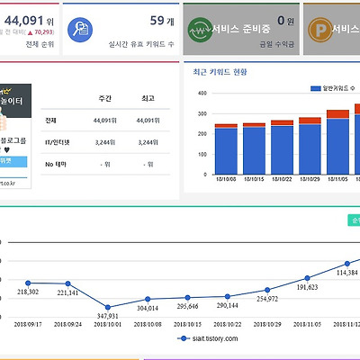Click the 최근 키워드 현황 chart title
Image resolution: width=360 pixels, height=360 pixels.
click(219, 71)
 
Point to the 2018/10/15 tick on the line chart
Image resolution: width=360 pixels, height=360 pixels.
click(187, 322)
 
